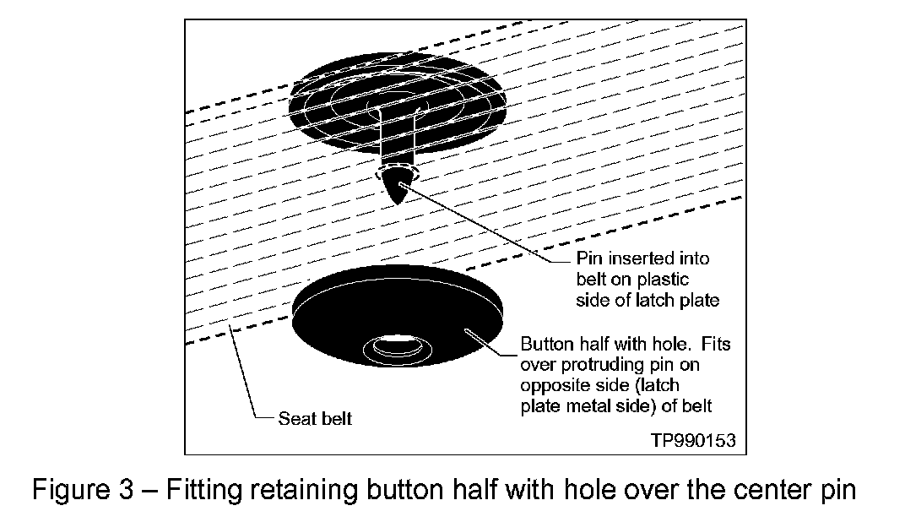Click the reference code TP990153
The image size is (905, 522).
692,440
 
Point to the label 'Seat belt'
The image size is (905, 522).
315,418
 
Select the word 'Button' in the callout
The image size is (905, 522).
545,345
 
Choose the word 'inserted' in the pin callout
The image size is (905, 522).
620,258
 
